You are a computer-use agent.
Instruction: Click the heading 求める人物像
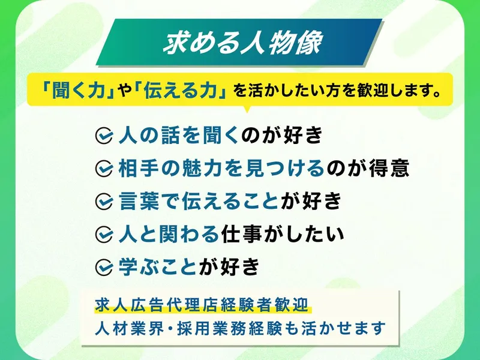pyautogui.click(x=242, y=43)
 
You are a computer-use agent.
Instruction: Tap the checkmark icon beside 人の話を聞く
pyautogui.click(x=104, y=136)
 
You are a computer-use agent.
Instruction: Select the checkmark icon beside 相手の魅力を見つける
pyautogui.click(x=104, y=169)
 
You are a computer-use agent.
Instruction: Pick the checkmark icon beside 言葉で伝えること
pyautogui.click(x=104, y=202)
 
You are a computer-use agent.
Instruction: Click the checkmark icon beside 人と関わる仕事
pyautogui.click(x=104, y=235)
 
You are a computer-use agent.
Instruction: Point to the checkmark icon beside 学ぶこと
pyautogui.click(x=104, y=267)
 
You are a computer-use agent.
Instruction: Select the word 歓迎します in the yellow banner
pyautogui.click(x=396, y=91)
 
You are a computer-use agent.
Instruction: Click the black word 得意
pyautogui.click(x=389, y=168)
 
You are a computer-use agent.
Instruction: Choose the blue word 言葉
pyautogui.click(x=139, y=201)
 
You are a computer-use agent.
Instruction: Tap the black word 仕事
pyautogui.click(x=242, y=234)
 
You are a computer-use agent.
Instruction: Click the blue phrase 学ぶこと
pyautogui.click(x=158, y=266)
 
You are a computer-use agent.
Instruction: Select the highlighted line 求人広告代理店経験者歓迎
pyautogui.click(x=202, y=305)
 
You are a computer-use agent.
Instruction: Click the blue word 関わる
pyautogui.click(x=189, y=234)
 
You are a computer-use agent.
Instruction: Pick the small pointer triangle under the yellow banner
pyautogui.click(x=247, y=109)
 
